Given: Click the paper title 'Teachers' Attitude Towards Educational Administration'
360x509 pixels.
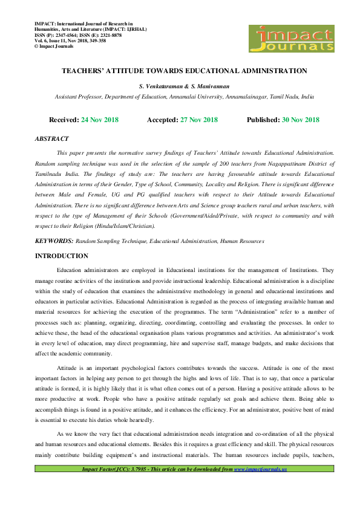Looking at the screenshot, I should tap(184, 71).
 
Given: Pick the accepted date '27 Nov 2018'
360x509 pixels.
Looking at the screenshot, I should tap(199, 120).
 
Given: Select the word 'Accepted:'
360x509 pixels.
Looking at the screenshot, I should tap(162, 120).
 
